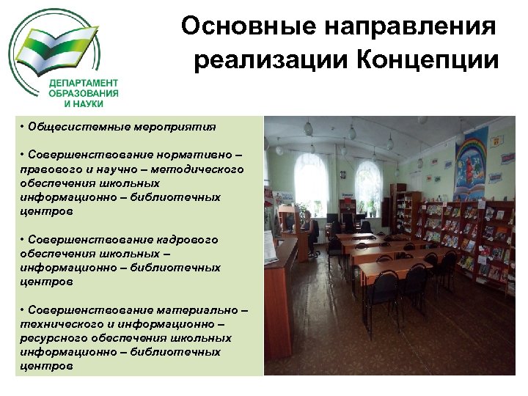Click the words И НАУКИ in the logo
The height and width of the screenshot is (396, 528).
(x=87, y=104)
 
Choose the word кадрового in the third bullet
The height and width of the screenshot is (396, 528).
(x=187, y=240)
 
